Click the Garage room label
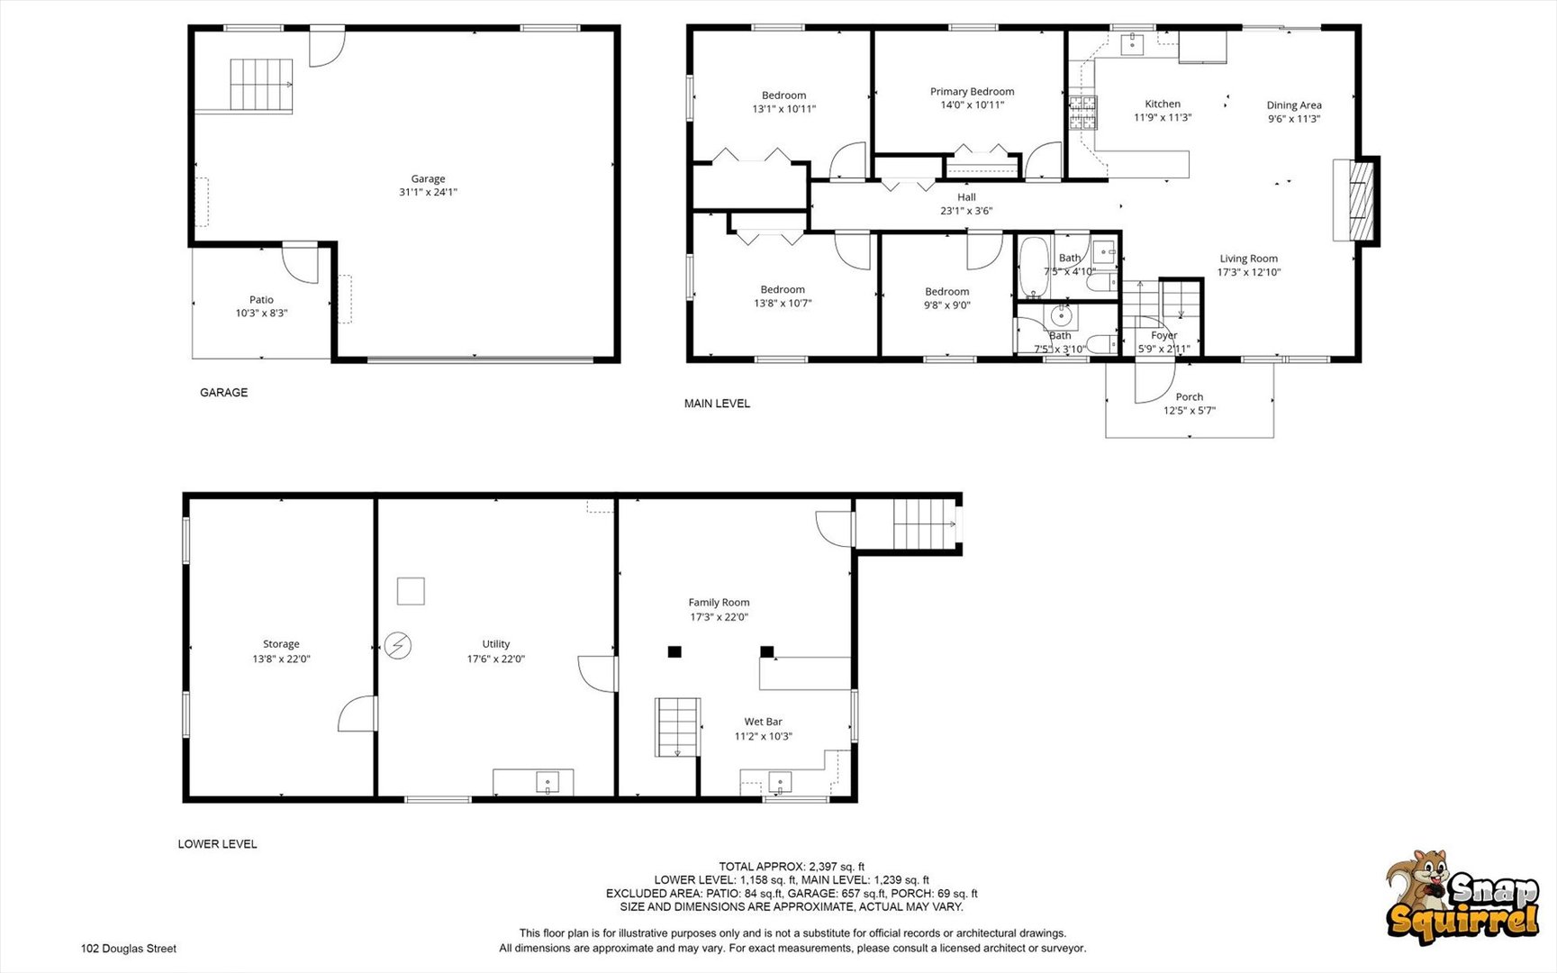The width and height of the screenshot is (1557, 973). (x=428, y=178)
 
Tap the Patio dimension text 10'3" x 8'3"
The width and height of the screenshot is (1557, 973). (x=261, y=314)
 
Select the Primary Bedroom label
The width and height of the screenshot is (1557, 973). (x=972, y=91)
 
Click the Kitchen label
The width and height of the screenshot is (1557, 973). (x=1163, y=104)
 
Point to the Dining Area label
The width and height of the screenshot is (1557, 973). (x=1294, y=105)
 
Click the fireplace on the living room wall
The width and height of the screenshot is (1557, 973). (x=1356, y=200)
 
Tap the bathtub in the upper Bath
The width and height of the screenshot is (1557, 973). (x=1033, y=267)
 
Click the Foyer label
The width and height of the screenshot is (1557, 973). (x=1163, y=335)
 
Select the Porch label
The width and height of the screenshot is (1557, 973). (x=1189, y=396)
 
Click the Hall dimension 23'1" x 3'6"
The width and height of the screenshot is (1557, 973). (x=966, y=211)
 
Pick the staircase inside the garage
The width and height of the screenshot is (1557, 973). (x=261, y=86)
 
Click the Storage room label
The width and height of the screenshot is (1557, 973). (x=281, y=644)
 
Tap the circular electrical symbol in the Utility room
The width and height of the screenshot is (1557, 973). (x=397, y=645)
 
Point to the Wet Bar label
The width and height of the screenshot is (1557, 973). (x=763, y=722)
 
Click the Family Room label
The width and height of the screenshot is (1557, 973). (x=719, y=603)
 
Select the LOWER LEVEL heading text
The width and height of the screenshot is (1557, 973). (x=217, y=844)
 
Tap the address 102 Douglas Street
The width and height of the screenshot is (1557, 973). (x=129, y=949)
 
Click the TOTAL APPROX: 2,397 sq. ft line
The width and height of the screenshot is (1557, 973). (x=792, y=867)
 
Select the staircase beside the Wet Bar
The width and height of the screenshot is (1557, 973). (x=677, y=727)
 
